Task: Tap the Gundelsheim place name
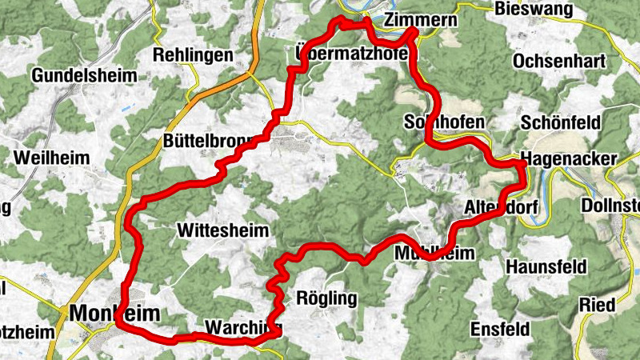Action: (x=85, y=75)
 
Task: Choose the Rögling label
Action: (x=326, y=298)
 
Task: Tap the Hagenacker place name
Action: (x=568, y=158)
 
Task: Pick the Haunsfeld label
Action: (x=546, y=266)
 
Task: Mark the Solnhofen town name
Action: (x=445, y=122)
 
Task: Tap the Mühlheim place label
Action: (x=435, y=253)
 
